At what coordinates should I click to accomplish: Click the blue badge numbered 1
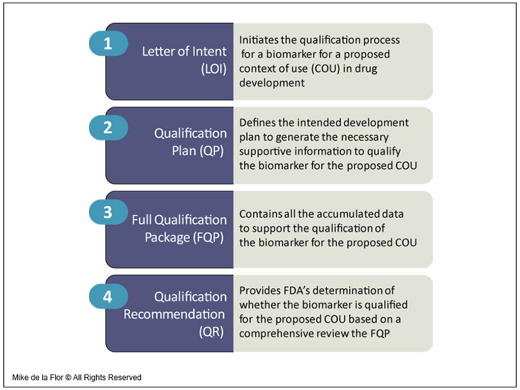click(x=109, y=44)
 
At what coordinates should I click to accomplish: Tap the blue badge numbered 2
click(x=109, y=127)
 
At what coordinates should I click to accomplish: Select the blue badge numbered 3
click(x=109, y=213)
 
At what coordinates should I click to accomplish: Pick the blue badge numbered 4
click(x=109, y=296)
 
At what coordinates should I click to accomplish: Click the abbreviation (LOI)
click(x=214, y=69)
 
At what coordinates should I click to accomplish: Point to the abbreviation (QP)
click(x=212, y=151)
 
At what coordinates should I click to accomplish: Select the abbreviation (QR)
click(x=212, y=331)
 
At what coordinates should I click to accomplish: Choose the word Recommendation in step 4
click(x=174, y=314)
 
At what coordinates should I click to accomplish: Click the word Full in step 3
click(x=142, y=220)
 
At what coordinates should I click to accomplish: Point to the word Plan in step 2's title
click(x=184, y=151)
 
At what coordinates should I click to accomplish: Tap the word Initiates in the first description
click(x=259, y=40)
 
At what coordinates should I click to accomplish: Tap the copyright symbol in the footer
click(x=68, y=378)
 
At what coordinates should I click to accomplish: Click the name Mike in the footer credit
click(x=19, y=378)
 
